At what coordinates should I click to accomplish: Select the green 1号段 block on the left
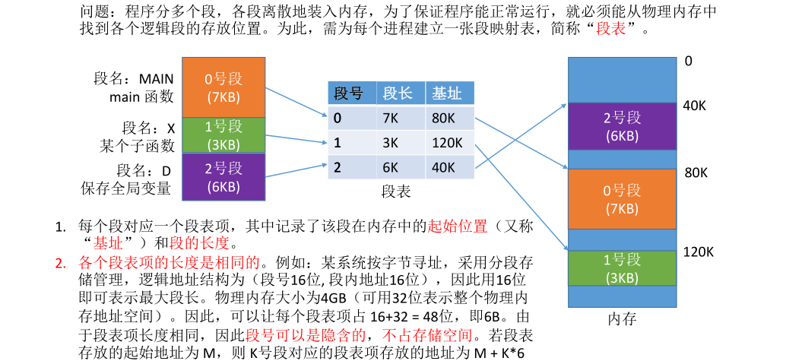[x=223, y=135]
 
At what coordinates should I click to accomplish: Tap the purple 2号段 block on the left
[x=223, y=177]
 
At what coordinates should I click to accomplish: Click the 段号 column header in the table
[x=349, y=93]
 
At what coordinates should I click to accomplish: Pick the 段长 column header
[x=398, y=93]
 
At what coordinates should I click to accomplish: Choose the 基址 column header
[x=447, y=93]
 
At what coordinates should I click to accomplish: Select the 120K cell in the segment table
[x=447, y=142]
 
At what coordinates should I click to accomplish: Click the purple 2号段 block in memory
[x=622, y=126]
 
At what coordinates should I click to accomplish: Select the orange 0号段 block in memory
[x=622, y=198]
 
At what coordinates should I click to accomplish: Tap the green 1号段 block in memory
[x=622, y=268]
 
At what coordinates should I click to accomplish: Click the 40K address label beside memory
[x=694, y=106]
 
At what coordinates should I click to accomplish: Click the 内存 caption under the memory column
[x=622, y=318]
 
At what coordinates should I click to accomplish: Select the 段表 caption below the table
[x=396, y=192]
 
